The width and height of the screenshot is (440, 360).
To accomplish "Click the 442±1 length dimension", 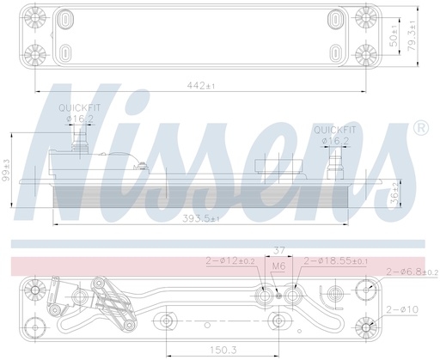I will [x=204, y=86].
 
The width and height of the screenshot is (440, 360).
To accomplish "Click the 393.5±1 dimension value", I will [x=201, y=219].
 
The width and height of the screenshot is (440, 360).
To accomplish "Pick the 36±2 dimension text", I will [x=395, y=195].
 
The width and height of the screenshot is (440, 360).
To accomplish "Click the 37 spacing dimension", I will [x=278, y=250].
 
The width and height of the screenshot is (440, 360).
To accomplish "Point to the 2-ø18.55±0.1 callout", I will [x=336, y=260].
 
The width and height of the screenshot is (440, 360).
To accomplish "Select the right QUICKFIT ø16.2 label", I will [x=332, y=133].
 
